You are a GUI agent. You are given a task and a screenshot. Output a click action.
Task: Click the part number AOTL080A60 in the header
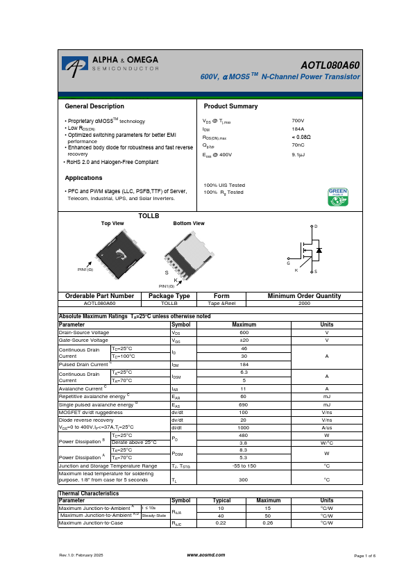pyautogui.click(x=330, y=65)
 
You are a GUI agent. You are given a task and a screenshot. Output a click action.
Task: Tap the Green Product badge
pyautogui.click(x=337, y=197)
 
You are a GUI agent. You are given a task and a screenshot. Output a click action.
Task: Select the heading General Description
pyautogui.click(x=94, y=106)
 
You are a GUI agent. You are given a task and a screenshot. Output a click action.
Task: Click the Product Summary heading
pyautogui.click(x=230, y=106)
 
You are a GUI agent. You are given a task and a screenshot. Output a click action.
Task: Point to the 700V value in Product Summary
pyautogui.click(x=298, y=120)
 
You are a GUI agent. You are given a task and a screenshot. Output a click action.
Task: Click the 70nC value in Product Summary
pyautogui.click(x=298, y=145)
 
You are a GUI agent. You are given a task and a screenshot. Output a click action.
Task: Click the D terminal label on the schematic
pyautogui.click(x=316, y=227)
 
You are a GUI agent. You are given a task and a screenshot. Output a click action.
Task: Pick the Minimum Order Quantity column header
pyautogui.click(x=304, y=296)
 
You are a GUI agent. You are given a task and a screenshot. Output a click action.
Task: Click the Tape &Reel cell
pyautogui.click(x=221, y=304)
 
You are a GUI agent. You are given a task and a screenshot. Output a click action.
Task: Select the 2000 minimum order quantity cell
pyautogui.click(x=304, y=304)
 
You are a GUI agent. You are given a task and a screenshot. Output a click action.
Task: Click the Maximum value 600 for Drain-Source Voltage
pyautogui.click(x=244, y=333)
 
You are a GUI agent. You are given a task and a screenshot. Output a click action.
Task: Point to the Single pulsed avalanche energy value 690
pyautogui.click(x=244, y=404)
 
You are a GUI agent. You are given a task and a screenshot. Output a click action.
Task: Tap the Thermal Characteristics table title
pyautogui.click(x=88, y=532)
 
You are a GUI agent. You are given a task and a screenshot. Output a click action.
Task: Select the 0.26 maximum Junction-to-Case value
pyautogui.click(x=268, y=561)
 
